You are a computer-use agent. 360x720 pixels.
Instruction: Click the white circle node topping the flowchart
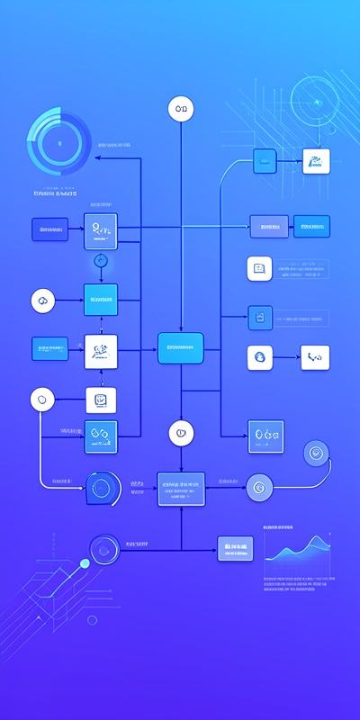tap(181, 110)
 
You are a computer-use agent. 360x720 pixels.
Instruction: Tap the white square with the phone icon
tap(315, 357)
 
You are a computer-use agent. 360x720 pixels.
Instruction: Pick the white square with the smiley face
tap(101, 400)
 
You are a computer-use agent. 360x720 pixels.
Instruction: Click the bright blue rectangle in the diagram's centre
tap(181, 347)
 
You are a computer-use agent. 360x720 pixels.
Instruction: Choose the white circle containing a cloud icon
tap(43, 301)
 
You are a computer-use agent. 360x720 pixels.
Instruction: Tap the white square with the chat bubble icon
tap(259, 268)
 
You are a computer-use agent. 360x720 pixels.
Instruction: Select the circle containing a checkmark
tap(317, 453)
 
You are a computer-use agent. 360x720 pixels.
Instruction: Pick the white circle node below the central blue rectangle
tap(181, 433)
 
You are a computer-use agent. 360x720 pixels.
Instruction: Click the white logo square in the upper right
tap(316, 162)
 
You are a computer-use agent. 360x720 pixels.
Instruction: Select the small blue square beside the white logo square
tap(265, 162)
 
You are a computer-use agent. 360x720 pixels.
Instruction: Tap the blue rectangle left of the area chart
tap(235, 548)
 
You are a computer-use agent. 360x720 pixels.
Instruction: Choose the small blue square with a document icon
tap(260, 316)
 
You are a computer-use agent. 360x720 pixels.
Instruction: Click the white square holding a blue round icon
tap(260, 357)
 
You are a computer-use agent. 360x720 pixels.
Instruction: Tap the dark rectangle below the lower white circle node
tap(181, 487)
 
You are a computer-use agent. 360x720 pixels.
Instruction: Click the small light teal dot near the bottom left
tap(85, 563)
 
